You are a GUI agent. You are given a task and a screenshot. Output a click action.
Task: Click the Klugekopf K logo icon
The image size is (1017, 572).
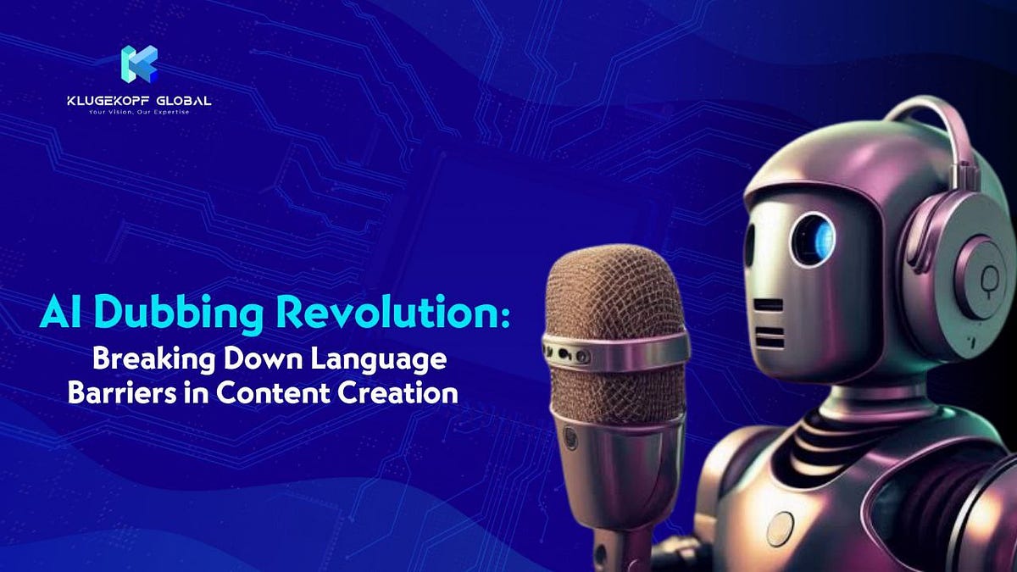pyautogui.click(x=139, y=64)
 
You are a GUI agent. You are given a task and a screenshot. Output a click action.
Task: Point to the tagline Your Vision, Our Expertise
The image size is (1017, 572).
pyautogui.click(x=139, y=113)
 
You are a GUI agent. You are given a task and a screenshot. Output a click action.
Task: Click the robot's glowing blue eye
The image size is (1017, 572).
pyautogui.click(x=813, y=239)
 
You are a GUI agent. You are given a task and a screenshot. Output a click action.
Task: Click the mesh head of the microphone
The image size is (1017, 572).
pyautogui.click(x=614, y=292)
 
